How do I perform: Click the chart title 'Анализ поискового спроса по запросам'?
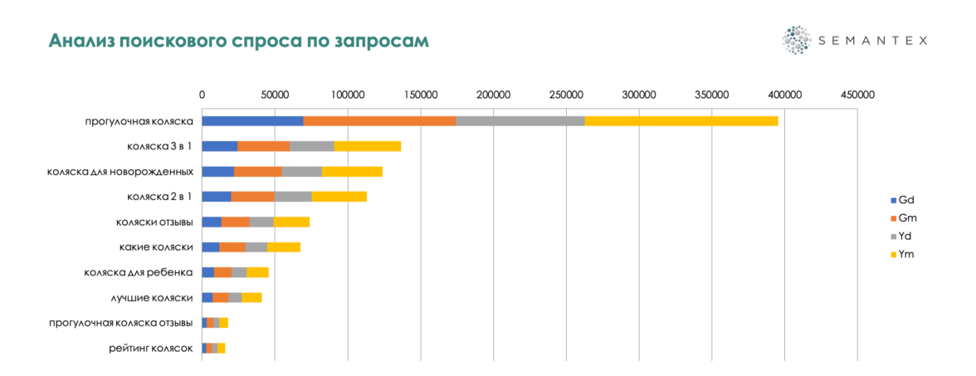[239, 41]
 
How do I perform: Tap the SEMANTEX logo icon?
[796, 40]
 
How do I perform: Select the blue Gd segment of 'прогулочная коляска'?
[252, 121]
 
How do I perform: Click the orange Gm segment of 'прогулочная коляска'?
[379, 121]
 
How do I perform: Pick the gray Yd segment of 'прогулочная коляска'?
[520, 121]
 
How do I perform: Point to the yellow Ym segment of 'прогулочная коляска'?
[681, 121]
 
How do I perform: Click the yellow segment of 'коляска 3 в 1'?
[367, 146]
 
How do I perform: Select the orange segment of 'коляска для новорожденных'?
[257, 172]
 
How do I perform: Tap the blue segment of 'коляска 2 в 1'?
[216, 197]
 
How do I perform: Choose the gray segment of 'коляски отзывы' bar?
[261, 222]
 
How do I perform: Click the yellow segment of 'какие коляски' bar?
[283, 247]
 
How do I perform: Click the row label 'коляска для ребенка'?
[139, 272]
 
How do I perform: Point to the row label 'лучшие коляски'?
[152, 297]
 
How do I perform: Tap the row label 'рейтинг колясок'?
[150, 348]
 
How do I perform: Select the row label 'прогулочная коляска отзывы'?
[121, 323]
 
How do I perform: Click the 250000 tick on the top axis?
[566, 95]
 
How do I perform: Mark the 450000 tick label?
[856, 95]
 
